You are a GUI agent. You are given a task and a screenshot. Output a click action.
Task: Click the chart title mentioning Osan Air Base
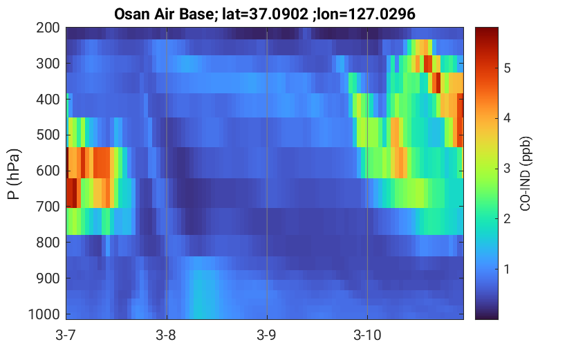tap(264, 15)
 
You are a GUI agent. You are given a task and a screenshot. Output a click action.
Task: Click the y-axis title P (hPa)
tap(13, 174)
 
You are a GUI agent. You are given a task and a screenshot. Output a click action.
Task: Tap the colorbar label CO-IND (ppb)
tap(526, 174)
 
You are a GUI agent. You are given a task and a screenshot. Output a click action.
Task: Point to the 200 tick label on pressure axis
tap(48, 28)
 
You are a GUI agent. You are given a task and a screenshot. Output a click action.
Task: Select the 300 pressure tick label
tap(48, 64)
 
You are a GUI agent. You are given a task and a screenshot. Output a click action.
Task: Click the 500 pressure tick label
tap(48, 135)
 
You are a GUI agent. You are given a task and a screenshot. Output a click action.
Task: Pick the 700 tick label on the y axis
tap(48, 207)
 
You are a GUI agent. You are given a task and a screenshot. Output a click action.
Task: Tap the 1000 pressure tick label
tap(44, 314)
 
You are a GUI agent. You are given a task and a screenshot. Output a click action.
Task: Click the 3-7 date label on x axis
tap(66, 335)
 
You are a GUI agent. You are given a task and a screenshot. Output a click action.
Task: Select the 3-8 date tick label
tap(167, 335)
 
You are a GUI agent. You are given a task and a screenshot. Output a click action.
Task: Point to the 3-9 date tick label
tap(267, 335)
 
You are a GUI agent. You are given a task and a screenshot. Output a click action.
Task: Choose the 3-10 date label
tap(367, 335)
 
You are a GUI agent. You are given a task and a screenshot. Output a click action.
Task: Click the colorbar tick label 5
tap(507, 68)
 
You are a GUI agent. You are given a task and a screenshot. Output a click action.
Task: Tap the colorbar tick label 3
tap(507, 169)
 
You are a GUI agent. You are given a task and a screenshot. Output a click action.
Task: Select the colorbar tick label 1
tap(507, 269)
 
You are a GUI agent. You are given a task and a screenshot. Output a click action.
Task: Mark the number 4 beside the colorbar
tap(507, 119)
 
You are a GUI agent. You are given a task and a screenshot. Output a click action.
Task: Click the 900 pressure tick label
tap(48, 278)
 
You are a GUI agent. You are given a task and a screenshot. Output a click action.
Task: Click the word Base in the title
tap(198, 15)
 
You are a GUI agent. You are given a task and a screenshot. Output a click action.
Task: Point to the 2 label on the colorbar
tap(507, 219)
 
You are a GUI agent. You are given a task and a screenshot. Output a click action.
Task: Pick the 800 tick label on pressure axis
tap(48, 243)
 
